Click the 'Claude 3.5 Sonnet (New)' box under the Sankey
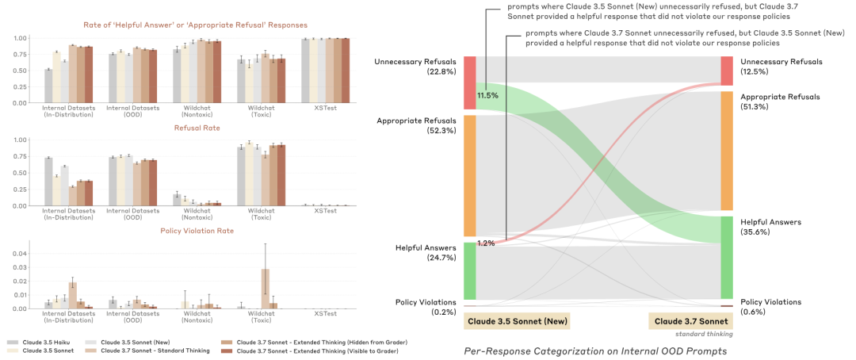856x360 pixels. [517, 321]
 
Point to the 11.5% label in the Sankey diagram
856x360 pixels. [487, 96]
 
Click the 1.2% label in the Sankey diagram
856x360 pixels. [486, 243]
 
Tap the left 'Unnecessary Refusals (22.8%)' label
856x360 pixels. [418, 67]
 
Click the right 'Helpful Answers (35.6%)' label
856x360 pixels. [768, 227]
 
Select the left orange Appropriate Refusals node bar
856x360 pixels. [469, 175]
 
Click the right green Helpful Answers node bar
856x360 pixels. [727, 258]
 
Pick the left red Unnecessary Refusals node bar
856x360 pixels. [469, 82]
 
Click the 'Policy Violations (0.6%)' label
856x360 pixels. [770, 307]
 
